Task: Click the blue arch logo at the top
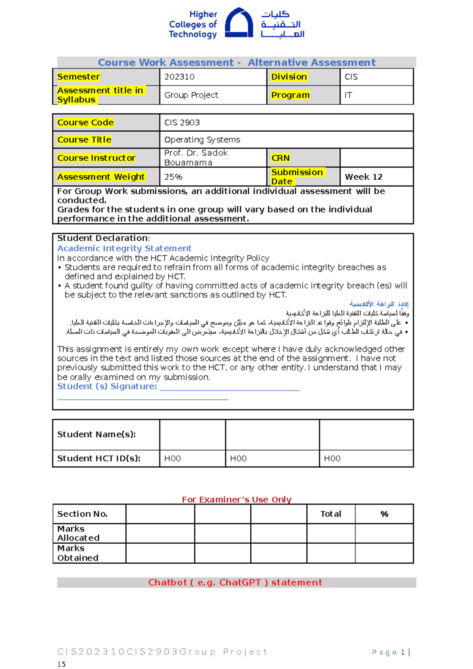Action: [x=238, y=24]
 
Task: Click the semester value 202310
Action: [x=179, y=77]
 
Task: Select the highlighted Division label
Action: [x=289, y=77]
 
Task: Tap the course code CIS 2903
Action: [x=182, y=123]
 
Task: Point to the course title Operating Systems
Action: [x=202, y=139]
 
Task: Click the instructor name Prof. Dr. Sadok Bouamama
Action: [x=196, y=158]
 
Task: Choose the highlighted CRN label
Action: [x=280, y=158]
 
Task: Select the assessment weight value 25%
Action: [x=173, y=177]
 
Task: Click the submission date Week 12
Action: [x=363, y=177]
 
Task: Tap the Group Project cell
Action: [x=191, y=95]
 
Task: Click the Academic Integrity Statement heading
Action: [x=124, y=248]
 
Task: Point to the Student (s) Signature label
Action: [x=107, y=387]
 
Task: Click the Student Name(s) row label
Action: [x=96, y=434]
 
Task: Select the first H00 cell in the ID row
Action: [x=172, y=458]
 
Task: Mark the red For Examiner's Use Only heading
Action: [x=236, y=500]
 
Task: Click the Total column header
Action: [x=330, y=514]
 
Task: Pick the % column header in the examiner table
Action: [x=384, y=514]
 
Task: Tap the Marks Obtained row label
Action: [x=78, y=553]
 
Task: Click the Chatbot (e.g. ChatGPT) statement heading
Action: [x=235, y=582]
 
